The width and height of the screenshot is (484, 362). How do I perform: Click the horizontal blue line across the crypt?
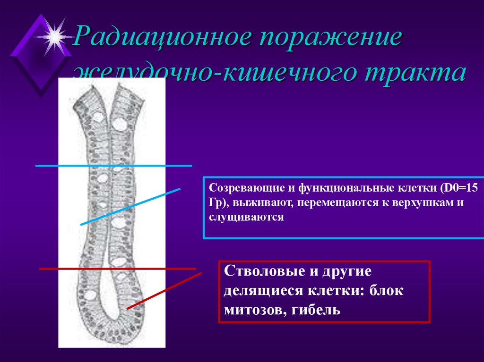pyautogui.click(x=113, y=166)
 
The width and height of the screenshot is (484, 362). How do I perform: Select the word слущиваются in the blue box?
pyautogui.click(x=246, y=218)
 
